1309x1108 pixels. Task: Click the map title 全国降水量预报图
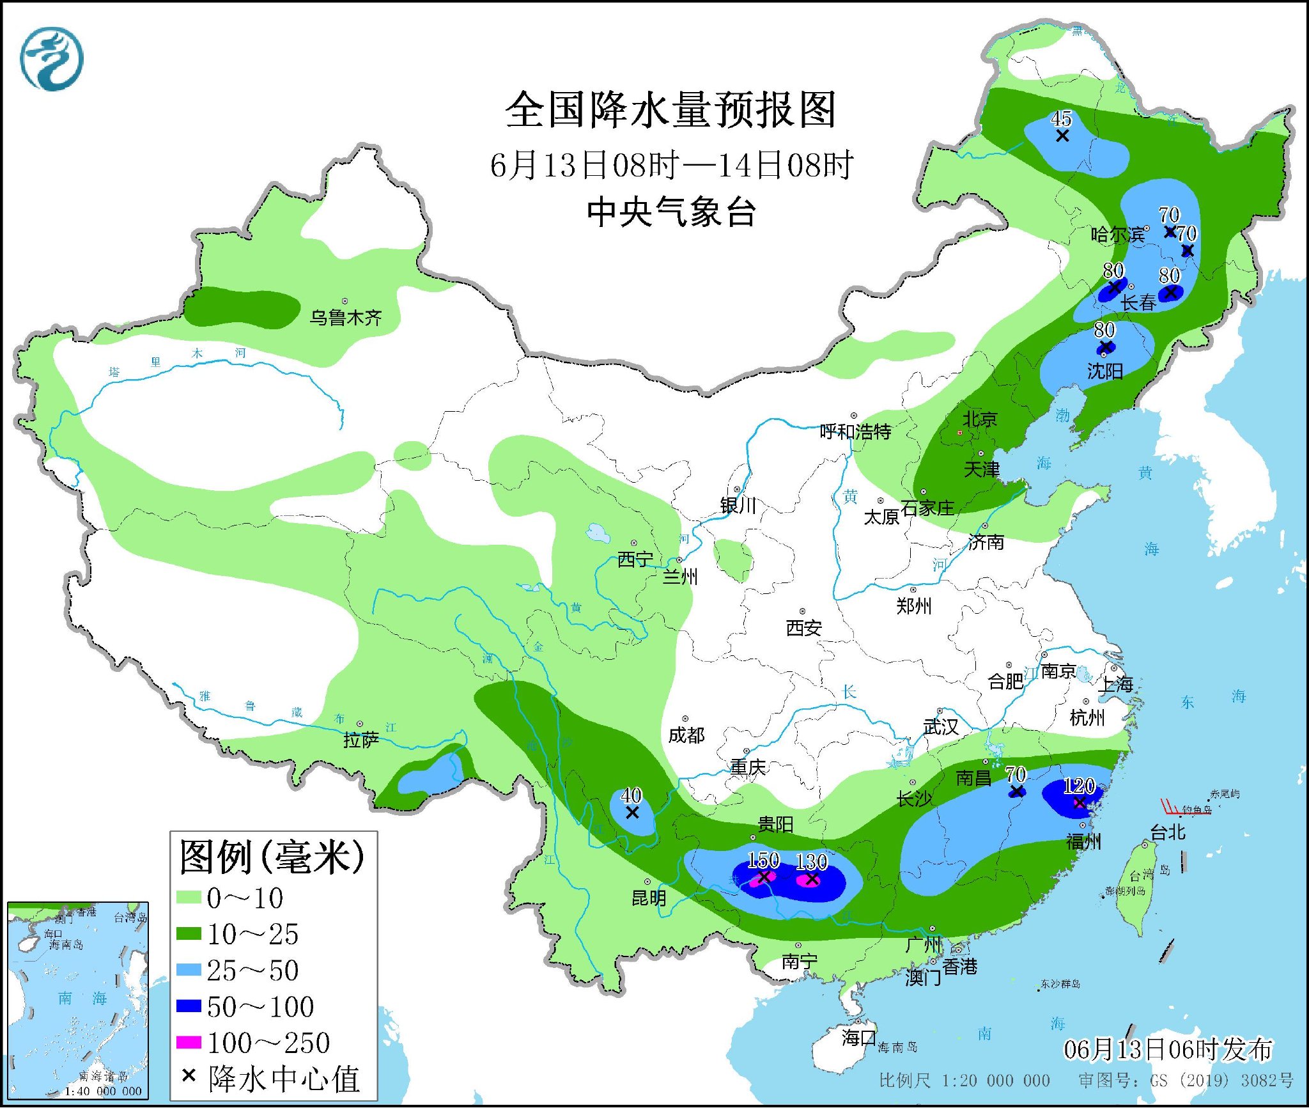coord(670,110)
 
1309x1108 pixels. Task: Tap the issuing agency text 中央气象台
coord(671,212)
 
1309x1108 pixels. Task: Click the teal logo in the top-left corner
coord(52,59)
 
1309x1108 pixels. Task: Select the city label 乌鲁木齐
coord(345,317)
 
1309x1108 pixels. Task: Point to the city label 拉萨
coord(360,740)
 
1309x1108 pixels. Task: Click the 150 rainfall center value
coord(763,860)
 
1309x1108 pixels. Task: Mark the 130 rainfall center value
coord(811,861)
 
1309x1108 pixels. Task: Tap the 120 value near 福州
coord(1079,786)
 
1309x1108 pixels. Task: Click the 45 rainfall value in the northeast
coord(1061,119)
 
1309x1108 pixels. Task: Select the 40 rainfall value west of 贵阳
coord(631,795)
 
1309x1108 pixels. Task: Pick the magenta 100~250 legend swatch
coord(189,1043)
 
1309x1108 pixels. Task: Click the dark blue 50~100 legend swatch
coord(189,1006)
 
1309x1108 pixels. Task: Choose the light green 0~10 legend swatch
coord(189,898)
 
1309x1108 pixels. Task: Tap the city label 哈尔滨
coord(1117,235)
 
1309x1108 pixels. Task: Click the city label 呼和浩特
coord(855,432)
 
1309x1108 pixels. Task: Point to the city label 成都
coord(686,735)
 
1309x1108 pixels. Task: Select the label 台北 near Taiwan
coord(1167,832)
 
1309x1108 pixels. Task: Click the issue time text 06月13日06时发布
coord(1168,1049)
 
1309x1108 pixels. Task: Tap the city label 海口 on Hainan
coord(858,1037)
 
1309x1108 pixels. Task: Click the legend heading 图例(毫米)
coord(272,857)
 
